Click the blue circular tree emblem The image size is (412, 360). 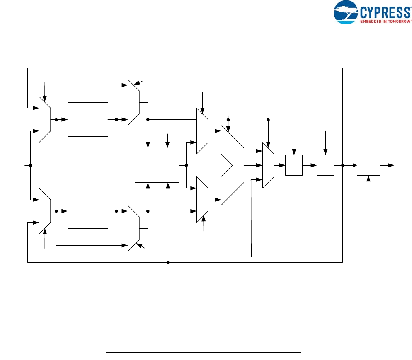click(x=347, y=12)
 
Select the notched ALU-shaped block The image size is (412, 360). click(x=232, y=165)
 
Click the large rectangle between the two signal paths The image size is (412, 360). click(x=157, y=165)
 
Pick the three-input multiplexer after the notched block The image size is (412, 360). click(x=268, y=165)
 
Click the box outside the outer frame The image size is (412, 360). click(x=368, y=165)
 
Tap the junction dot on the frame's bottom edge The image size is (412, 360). click(x=168, y=262)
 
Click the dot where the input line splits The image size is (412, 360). click(x=31, y=165)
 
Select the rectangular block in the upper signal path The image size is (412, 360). click(x=87, y=119)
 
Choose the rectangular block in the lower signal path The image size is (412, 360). click(x=87, y=211)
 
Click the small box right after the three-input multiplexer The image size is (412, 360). click(x=294, y=165)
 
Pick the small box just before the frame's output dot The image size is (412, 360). click(x=325, y=165)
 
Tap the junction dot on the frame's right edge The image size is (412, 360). click(x=343, y=165)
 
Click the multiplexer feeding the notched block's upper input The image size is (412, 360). click(x=202, y=131)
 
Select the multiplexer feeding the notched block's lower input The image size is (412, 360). click(x=202, y=200)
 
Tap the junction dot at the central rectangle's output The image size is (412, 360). click(x=186, y=165)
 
